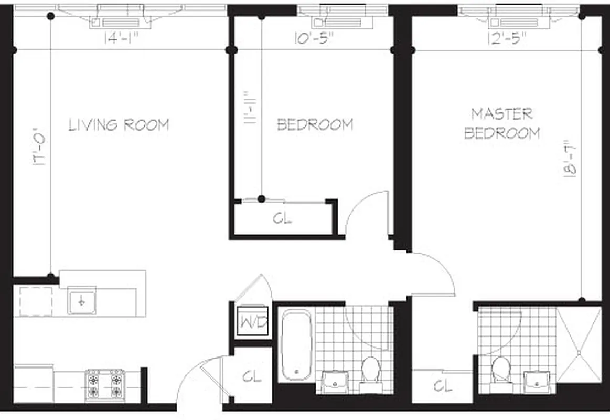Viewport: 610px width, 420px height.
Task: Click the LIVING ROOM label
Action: (x=119, y=125)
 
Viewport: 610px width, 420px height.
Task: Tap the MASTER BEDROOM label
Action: (x=502, y=123)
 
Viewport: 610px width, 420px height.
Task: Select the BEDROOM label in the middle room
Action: (x=315, y=125)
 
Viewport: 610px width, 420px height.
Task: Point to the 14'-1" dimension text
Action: (x=122, y=39)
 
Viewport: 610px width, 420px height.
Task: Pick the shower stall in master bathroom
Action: (x=578, y=344)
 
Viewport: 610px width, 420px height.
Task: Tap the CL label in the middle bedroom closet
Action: (x=282, y=218)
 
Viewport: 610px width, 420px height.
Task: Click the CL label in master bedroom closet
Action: (x=443, y=386)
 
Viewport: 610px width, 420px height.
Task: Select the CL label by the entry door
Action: (x=251, y=376)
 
